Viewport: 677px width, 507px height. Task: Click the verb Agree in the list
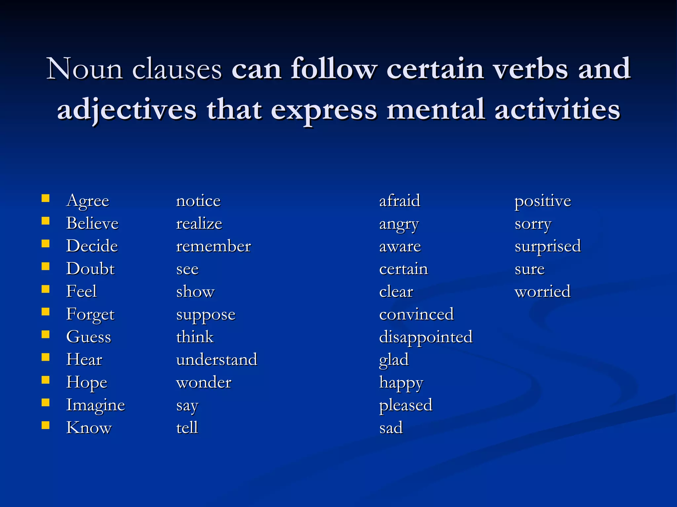pyautogui.click(x=88, y=201)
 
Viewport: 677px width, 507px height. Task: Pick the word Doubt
pyautogui.click(x=90, y=269)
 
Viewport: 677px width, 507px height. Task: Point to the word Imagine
pyautogui.click(x=96, y=405)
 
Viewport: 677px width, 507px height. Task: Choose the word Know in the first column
pyautogui.click(x=89, y=428)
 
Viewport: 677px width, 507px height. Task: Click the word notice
pyautogui.click(x=198, y=201)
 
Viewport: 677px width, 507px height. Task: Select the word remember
pyautogui.click(x=214, y=246)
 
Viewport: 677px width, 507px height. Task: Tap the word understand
pyautogui.click(x=217, y=360)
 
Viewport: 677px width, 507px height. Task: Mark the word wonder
pyautogui.click(x=204, y=383)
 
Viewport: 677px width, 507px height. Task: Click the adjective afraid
pyautogui.click(x=400, y=201)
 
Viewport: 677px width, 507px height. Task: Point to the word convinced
pyautogui.click(x=417, y=314)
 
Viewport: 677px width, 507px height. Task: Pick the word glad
pyautogui.click(x=394, y=360)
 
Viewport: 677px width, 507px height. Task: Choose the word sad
pyautogui.click(x=391, y=428)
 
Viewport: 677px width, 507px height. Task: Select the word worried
pyautogui.click(x=542, y=292)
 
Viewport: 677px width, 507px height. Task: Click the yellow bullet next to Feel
pyautogui.click(x=46, y=289)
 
